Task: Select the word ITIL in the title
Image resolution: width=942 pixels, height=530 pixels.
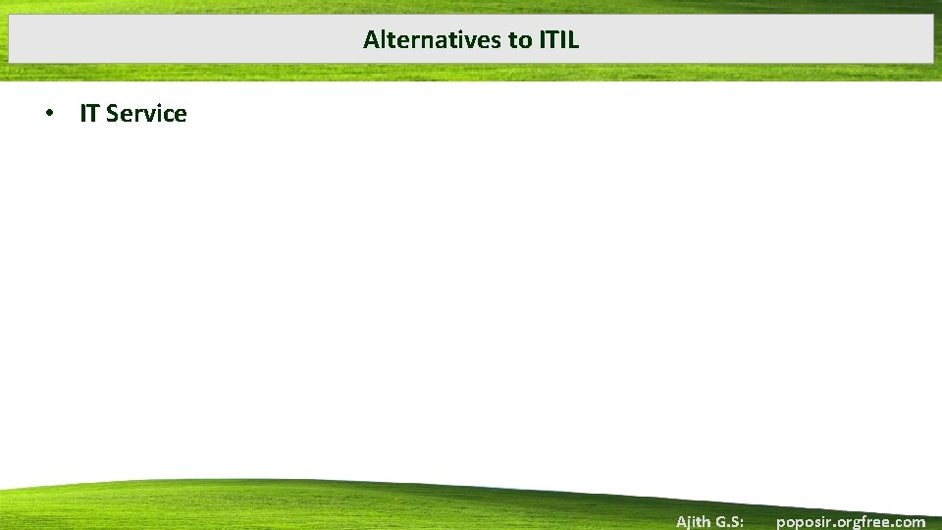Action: tap(559, 40)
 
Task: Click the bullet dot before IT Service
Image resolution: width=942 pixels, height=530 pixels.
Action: tap(48, 114)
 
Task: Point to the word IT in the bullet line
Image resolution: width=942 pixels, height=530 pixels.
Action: tap(89, 114)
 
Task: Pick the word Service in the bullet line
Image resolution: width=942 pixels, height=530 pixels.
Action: tap(146, 114)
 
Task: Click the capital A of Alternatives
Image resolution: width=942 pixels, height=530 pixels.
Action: tap(370, 40)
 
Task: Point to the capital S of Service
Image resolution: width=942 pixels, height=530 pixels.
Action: tap(113, 114)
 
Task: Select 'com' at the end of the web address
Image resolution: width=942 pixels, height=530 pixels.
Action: tap(910, 522)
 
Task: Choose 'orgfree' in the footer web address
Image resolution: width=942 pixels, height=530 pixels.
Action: tap(861, 522)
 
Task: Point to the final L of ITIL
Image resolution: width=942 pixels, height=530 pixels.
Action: tap(574, 40)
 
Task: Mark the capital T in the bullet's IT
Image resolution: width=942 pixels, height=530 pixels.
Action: tap(93, 114)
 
